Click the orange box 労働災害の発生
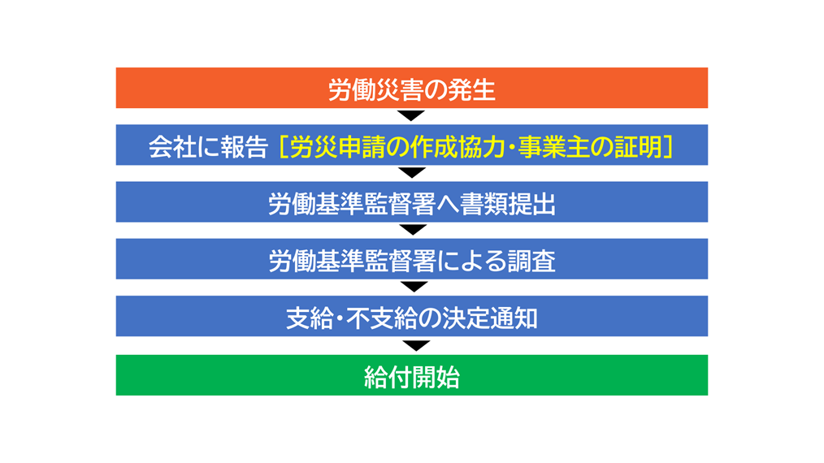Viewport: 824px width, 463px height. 411,88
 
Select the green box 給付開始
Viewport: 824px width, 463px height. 411,375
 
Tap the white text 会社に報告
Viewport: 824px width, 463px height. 208,147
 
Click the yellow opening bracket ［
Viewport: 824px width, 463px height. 283,147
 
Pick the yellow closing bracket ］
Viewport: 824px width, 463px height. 668,147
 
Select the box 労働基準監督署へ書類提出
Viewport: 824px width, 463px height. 411,201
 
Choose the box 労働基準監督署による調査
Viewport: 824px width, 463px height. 411,259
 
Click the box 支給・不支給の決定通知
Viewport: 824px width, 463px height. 411,316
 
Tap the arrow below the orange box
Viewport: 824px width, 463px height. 411,115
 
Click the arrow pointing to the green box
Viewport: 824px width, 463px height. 416,346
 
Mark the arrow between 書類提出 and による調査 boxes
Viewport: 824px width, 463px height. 413,230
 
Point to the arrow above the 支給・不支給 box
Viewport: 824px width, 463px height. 414,287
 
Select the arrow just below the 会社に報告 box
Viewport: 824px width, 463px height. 412,173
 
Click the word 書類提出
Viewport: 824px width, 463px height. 508,204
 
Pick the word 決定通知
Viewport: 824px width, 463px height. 490,318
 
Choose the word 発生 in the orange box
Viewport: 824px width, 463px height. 471,90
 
